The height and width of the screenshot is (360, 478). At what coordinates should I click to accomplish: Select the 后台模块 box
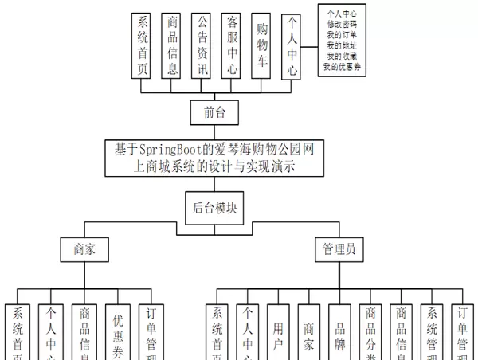[x=214, y=209]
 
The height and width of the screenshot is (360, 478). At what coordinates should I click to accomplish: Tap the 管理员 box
[x=339, y=248]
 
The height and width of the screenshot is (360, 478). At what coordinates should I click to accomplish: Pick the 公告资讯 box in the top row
[x=203, y=45]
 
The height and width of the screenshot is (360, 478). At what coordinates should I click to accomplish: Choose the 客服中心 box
[x=233, y=45]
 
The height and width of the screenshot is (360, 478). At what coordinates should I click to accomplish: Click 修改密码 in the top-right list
[x=342, y=25]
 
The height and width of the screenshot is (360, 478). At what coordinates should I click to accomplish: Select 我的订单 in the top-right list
[x=342, y=36]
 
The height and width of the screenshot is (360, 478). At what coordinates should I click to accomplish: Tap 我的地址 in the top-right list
[x=342, y=46]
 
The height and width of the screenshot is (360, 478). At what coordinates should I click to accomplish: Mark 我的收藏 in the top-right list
[x=342, y=57]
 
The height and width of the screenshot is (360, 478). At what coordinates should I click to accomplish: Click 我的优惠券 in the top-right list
[x=342, y=68]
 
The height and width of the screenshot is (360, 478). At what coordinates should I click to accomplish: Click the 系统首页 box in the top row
[x=143, y=45]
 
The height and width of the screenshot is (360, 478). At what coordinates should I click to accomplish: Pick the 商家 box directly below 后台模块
[x=84, y=248]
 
